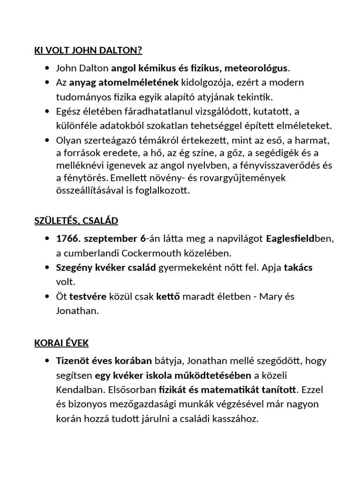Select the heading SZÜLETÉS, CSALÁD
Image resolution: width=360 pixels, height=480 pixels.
[x=76, y=220]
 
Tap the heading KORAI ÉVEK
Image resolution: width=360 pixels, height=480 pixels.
[x=61, y=343]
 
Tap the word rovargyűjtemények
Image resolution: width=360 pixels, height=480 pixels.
[x=254, y=178]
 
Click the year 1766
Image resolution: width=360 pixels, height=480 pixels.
[x=67, y=238]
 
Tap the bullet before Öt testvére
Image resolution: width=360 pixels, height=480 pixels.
[x=47, y=297]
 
